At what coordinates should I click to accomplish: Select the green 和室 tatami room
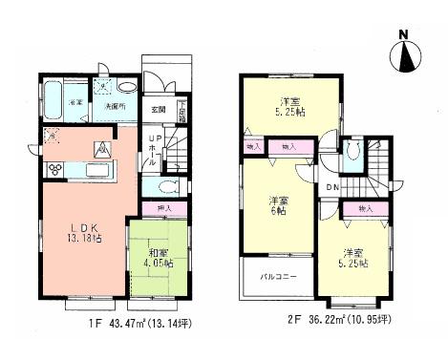point(158,259)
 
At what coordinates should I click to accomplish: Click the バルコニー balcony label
point(278,279)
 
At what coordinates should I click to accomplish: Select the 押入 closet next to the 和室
point(163,208)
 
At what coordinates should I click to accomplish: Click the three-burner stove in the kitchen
point(54,170)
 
